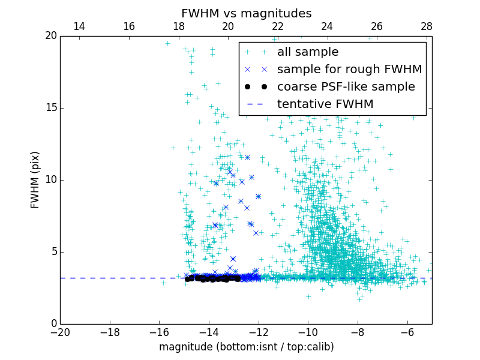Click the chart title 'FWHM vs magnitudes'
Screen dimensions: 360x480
pos(246,13)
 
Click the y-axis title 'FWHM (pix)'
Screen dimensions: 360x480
pos(35,179)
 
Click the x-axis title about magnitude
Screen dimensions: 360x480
pos(246,347)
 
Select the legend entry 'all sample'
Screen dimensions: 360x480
pos(307,52)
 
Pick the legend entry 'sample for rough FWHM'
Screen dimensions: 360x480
pos(349,70)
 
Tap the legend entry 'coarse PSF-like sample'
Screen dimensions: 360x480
pos(346,87)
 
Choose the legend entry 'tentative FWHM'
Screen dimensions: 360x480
pos(325,104)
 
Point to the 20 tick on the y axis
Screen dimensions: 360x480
pos(50,36)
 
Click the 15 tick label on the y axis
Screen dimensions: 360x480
pos(50,108)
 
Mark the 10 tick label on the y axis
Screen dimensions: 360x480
pos(50,180)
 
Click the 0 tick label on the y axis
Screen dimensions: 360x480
pos(53,324)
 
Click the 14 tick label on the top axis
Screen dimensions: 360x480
pos(79,26)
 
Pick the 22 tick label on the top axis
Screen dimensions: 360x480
pos(277,26)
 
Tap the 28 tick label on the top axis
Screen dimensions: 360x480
pos(427,26)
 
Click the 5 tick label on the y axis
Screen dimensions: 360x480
pos(53,252)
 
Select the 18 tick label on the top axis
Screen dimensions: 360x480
pos(178,26)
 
